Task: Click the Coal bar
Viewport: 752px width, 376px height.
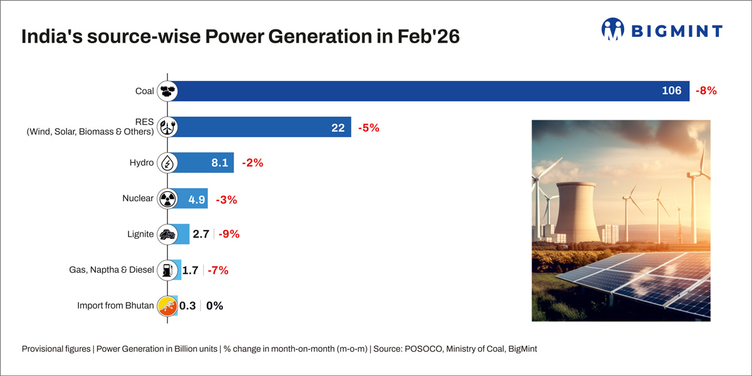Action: [426, 91]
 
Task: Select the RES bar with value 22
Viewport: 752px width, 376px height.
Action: [260, 127]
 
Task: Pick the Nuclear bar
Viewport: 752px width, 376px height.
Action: [191, 199]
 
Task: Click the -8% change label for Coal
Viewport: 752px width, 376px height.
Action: [706, 91]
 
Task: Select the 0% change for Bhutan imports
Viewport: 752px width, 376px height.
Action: [214, 306]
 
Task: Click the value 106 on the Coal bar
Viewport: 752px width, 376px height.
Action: [671, 91]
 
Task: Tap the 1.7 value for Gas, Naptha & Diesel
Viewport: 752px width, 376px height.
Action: [190, 271]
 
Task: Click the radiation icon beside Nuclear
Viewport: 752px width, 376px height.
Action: [167, 199]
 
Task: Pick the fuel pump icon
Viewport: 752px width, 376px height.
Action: [167, 271]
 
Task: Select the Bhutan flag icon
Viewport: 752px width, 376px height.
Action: [167, 306]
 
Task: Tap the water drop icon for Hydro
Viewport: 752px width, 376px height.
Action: [167, 163]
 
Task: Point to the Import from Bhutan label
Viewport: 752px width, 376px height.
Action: [115, 306]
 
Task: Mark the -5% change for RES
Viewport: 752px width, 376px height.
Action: [369, 127]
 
